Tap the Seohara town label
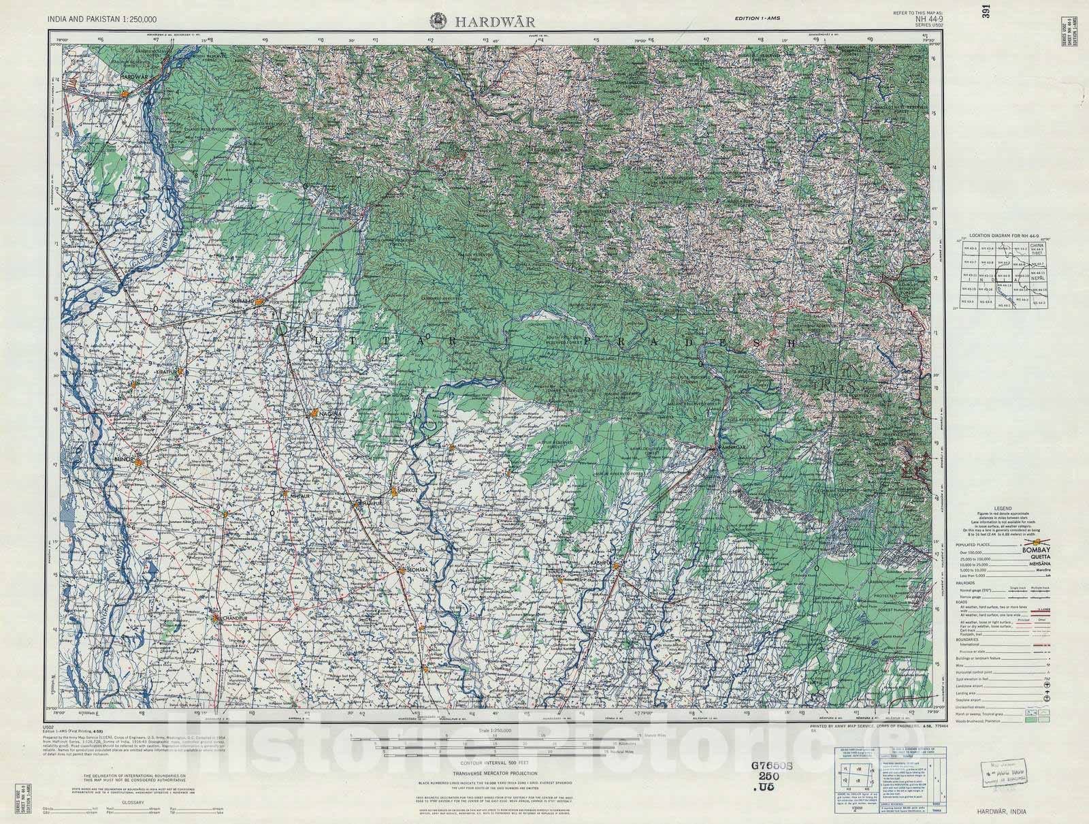coord(416,569)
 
